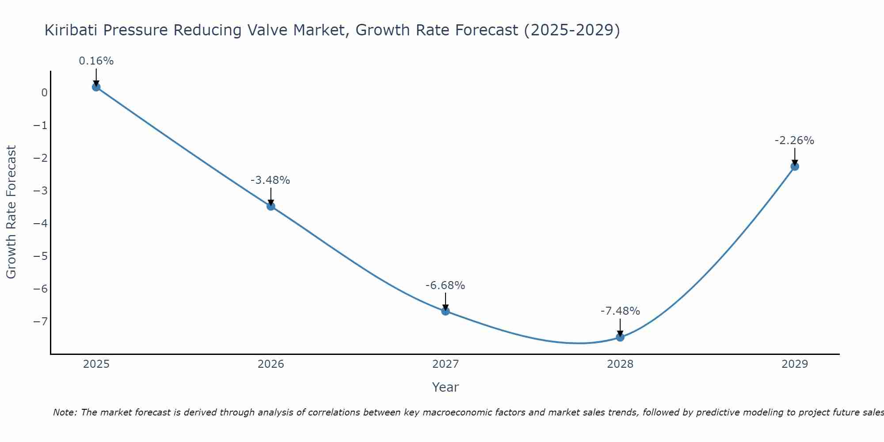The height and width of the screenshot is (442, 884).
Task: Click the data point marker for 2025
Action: coord(96,87)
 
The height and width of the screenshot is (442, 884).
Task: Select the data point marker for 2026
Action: coord(271,206)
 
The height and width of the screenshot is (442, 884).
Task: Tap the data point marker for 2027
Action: coord(446,311)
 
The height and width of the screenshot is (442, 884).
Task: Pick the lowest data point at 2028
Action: coord(620,337)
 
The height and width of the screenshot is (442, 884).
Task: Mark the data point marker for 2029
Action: coord(795,167)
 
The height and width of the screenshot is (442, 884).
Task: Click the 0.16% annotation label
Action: coord(96,61)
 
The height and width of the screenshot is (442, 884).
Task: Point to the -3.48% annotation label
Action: coord(270,180)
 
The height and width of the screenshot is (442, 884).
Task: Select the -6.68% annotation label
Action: coord(445,286)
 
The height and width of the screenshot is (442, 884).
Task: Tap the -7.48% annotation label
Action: coord(620,311)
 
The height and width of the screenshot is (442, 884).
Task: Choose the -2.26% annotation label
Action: coord(794,141)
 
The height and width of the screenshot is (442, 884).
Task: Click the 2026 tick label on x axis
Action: coord(271,364)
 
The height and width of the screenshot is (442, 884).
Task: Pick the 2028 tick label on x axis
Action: coord(620,364)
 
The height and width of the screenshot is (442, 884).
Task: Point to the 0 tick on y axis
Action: coord(44,93)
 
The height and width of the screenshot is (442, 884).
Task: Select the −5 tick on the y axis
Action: coord(40,256)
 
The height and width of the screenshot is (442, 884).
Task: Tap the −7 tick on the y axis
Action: coord(40,322)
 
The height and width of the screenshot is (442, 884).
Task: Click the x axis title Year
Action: coord(445,387)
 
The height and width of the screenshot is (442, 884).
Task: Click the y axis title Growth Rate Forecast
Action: coord(11,212)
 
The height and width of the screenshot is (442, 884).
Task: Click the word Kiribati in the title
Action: coord(73,30)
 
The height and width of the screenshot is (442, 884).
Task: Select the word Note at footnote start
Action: coord(65,412)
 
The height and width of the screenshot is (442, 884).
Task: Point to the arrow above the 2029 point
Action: coord(795,156)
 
